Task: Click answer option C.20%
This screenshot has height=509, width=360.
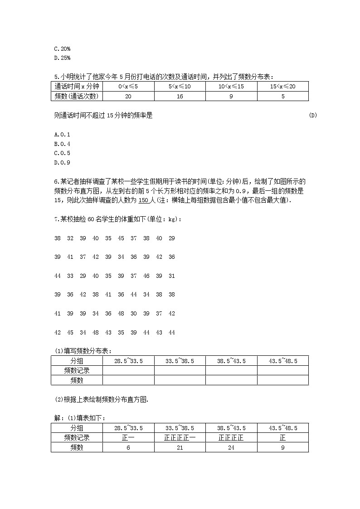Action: (62, 48)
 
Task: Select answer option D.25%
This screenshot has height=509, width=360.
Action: (62, 58)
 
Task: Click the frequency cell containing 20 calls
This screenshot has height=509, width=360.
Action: (128, 96)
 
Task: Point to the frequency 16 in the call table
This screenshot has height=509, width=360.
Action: (180, 96)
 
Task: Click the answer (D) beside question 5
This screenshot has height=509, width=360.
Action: (313, 115)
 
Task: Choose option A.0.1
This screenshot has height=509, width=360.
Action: (62, 134)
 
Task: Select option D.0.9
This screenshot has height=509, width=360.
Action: (62, 163)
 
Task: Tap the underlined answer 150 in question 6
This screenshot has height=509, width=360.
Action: (143, 201)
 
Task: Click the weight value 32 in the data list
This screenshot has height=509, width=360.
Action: (70, 238)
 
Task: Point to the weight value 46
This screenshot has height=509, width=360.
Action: (146, 276)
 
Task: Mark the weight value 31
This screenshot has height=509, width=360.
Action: (171, 276)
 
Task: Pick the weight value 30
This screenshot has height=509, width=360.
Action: (133, 314)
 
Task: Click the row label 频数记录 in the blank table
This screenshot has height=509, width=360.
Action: (77, 371)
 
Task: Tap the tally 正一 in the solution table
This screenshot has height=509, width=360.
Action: (128, 438)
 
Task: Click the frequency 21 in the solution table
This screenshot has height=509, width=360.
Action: (180, 447)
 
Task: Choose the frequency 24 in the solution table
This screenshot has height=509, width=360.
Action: (231, 447)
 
